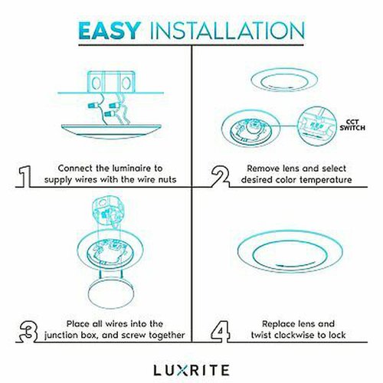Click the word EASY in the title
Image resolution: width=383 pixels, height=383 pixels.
pyautogui.click(x=110, y=31)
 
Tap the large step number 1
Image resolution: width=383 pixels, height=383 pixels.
pyautogui.click(x=25, y=176)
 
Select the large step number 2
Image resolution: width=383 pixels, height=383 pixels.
pyautogui.click(x=220, y=176)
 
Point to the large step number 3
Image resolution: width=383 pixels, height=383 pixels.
pyautogui.click(x=28, y=332)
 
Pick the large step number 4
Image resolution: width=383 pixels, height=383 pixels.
pyautogui.click(x=220, y=332)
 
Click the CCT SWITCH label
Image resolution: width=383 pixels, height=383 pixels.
pyautogui.click(x=352, y=125)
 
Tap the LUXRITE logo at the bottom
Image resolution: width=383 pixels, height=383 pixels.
pyautogui.click(x=191, y=370)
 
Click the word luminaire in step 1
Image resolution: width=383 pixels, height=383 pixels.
pyautogui.click(x=129, y=169)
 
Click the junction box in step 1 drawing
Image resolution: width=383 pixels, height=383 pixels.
pyautogui.click(x=111, y=82)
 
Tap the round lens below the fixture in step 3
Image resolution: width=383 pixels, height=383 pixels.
pyautogui.click(x=110, y=293)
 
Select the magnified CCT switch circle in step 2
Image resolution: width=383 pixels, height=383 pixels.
pyautogui.click(x=317, y=126)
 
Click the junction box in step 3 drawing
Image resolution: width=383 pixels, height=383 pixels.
pyautogui.click(x=108, y=210)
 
